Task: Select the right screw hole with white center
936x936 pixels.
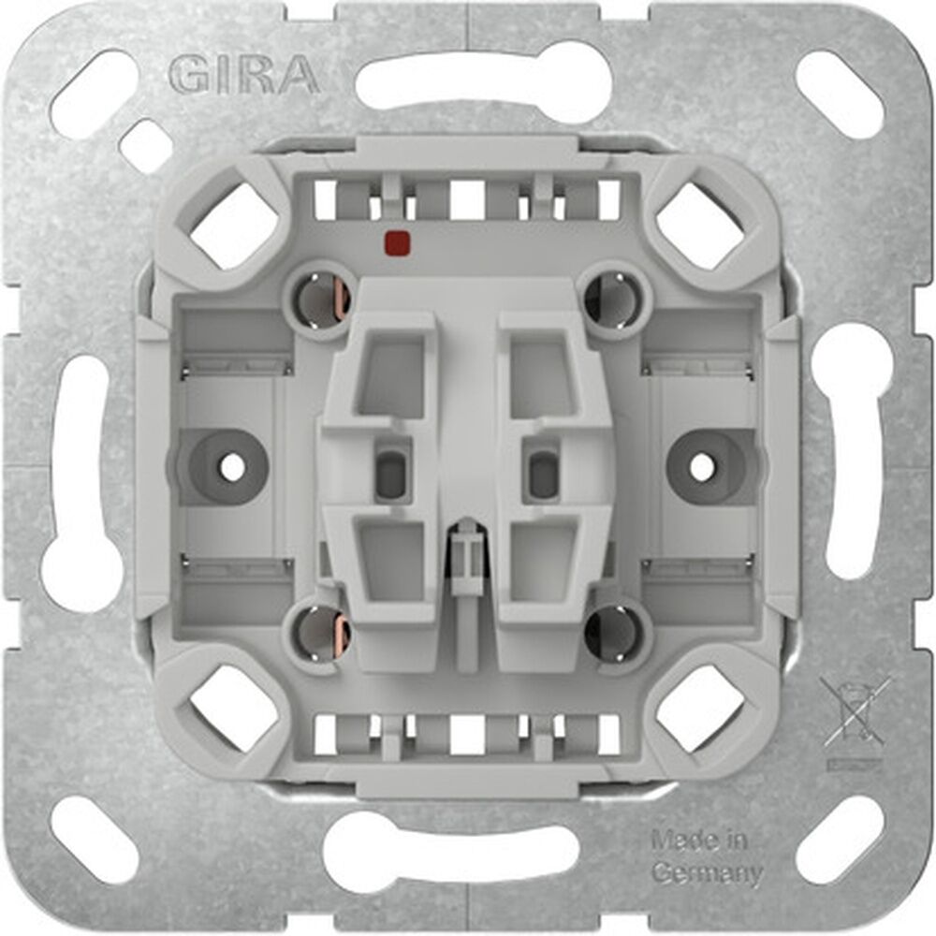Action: [702, 465]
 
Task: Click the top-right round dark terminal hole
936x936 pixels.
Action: [612, 300]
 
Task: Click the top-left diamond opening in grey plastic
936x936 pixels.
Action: [235, 226]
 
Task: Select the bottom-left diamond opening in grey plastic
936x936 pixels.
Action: [235, 709]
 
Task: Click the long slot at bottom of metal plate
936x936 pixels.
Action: [469, 847]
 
